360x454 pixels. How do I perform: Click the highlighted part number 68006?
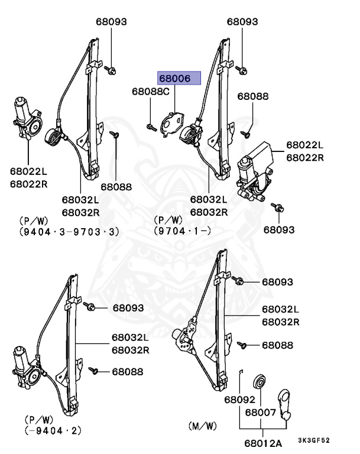[179, 79]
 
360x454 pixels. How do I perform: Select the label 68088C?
[150, 92]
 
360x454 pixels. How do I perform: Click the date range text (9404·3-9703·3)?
[69, 231]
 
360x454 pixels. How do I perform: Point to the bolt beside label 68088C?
[150, 126]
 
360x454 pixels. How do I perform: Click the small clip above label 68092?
[241, 371]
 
